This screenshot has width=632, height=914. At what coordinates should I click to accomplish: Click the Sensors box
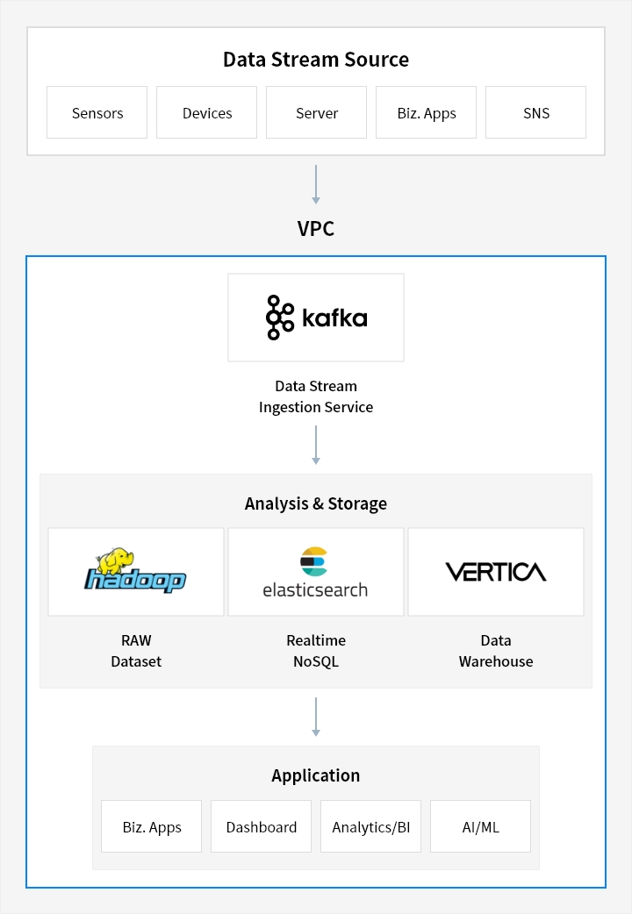pos(97,112)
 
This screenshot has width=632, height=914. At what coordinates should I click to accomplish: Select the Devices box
pos(206,112)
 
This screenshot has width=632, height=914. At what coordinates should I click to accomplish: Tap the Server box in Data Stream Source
pos(316,112)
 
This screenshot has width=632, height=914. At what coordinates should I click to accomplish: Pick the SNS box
pos(535,112)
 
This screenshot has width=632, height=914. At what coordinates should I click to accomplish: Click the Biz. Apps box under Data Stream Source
pos(426,112)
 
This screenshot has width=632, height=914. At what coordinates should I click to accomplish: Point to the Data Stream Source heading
pos(316,60)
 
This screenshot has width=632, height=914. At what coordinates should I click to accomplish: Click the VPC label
pos(316,228)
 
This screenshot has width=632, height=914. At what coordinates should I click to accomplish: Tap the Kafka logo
pos(316,318)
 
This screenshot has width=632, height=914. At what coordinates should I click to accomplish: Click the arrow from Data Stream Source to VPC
pos(316,184)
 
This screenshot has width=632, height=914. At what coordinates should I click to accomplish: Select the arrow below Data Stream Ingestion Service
pos(316,445)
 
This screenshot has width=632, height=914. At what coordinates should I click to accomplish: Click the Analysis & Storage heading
pos(316,503)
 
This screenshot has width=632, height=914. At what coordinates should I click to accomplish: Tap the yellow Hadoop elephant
pos(116,561)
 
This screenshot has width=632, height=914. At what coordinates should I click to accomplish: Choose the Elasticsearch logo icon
pos(314,561)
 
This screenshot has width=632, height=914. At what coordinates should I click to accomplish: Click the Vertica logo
pos(495,572)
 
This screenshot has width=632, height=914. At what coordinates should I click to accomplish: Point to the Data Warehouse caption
pos(495,651)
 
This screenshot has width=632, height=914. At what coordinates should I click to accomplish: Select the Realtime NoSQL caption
pos(316,651)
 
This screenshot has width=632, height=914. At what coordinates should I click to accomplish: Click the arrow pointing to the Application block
pos(316,717)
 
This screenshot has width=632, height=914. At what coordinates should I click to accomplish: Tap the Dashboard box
pos(261,826)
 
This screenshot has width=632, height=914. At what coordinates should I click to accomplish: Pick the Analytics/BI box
pos(370,826)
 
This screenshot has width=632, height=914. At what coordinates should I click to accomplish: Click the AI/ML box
pos(480,826)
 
